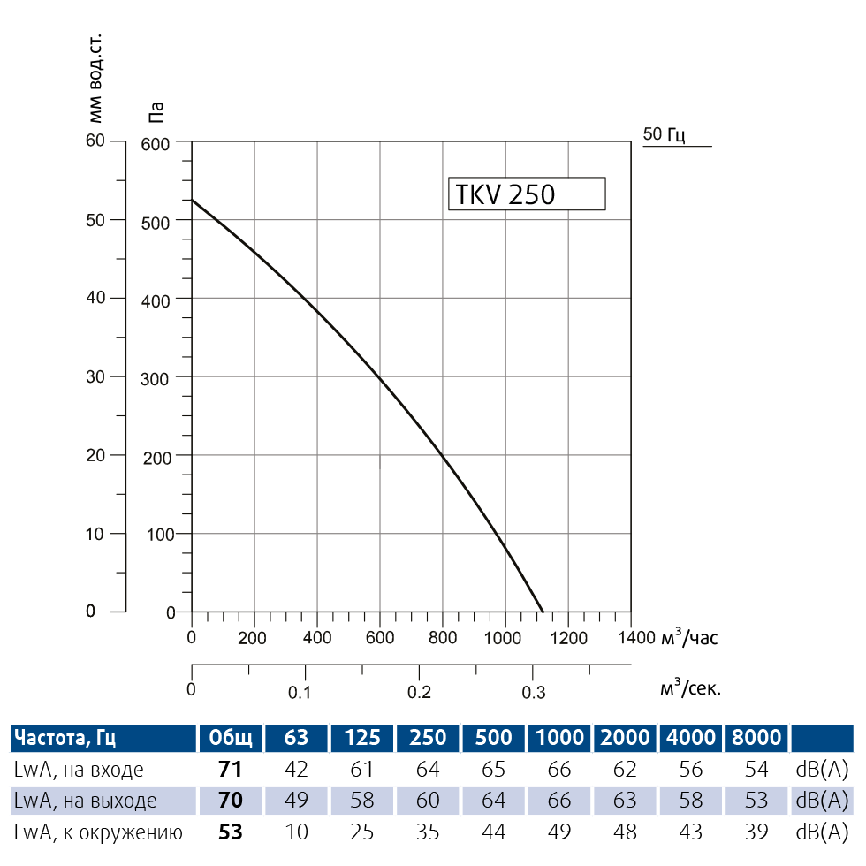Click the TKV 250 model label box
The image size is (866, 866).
click(527, 194)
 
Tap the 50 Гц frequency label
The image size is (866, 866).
click(665, 134)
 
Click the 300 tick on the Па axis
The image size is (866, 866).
click(156, 377)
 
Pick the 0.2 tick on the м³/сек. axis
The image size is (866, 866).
click(419, 691)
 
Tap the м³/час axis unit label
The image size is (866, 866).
click(688, 638)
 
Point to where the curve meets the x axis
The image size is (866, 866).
click(543, 611)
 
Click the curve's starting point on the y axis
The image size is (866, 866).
click(193, 200)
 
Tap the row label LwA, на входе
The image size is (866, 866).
click(79, 769)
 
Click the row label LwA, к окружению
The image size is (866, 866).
click(97, 832)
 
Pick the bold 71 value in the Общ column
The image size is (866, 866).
click(230, 769)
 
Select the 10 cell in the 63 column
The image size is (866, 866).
click(296, 832)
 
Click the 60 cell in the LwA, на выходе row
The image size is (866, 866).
click(428, 801)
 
